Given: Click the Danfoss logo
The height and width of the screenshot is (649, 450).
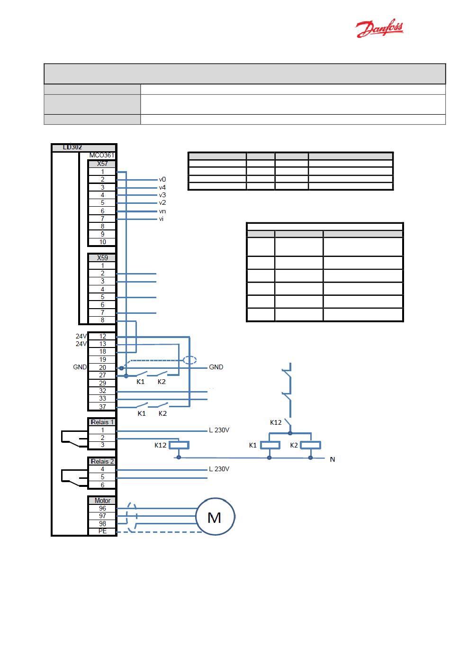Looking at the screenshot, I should coord(379,29).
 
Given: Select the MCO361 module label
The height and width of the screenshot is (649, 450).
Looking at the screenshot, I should coord(101,155).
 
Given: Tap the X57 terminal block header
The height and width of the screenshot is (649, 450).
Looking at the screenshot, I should coord(102,164).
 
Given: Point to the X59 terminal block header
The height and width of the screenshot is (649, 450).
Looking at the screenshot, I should coord(102,258).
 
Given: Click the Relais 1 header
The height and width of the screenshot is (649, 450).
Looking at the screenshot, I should coord(102,422).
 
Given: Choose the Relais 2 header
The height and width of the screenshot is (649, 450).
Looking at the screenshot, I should coord(102,461).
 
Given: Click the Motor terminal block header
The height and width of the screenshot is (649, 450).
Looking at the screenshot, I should coord(102,501).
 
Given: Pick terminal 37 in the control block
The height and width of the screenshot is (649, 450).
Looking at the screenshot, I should coord(102,407).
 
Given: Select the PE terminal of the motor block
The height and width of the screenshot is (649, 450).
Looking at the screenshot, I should coord(102,531).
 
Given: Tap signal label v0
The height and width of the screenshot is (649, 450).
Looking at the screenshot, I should coord(162,180).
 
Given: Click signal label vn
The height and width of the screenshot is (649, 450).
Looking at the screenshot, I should coord(162,211).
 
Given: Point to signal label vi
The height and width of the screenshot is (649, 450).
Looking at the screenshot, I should coord(161,219).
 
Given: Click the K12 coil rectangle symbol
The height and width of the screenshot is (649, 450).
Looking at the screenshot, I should coord(179,445).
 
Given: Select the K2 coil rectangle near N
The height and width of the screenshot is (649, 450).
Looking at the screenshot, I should coord(310,445).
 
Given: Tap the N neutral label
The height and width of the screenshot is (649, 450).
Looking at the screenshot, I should coord(332,459).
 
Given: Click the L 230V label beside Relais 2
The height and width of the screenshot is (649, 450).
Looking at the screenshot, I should coord(219,469).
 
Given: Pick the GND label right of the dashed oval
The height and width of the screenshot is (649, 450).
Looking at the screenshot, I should coord(216,367).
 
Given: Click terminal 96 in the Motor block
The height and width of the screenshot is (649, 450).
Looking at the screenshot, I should coord(102,508).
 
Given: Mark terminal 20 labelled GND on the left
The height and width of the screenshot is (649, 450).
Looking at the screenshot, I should coord(102,367).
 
